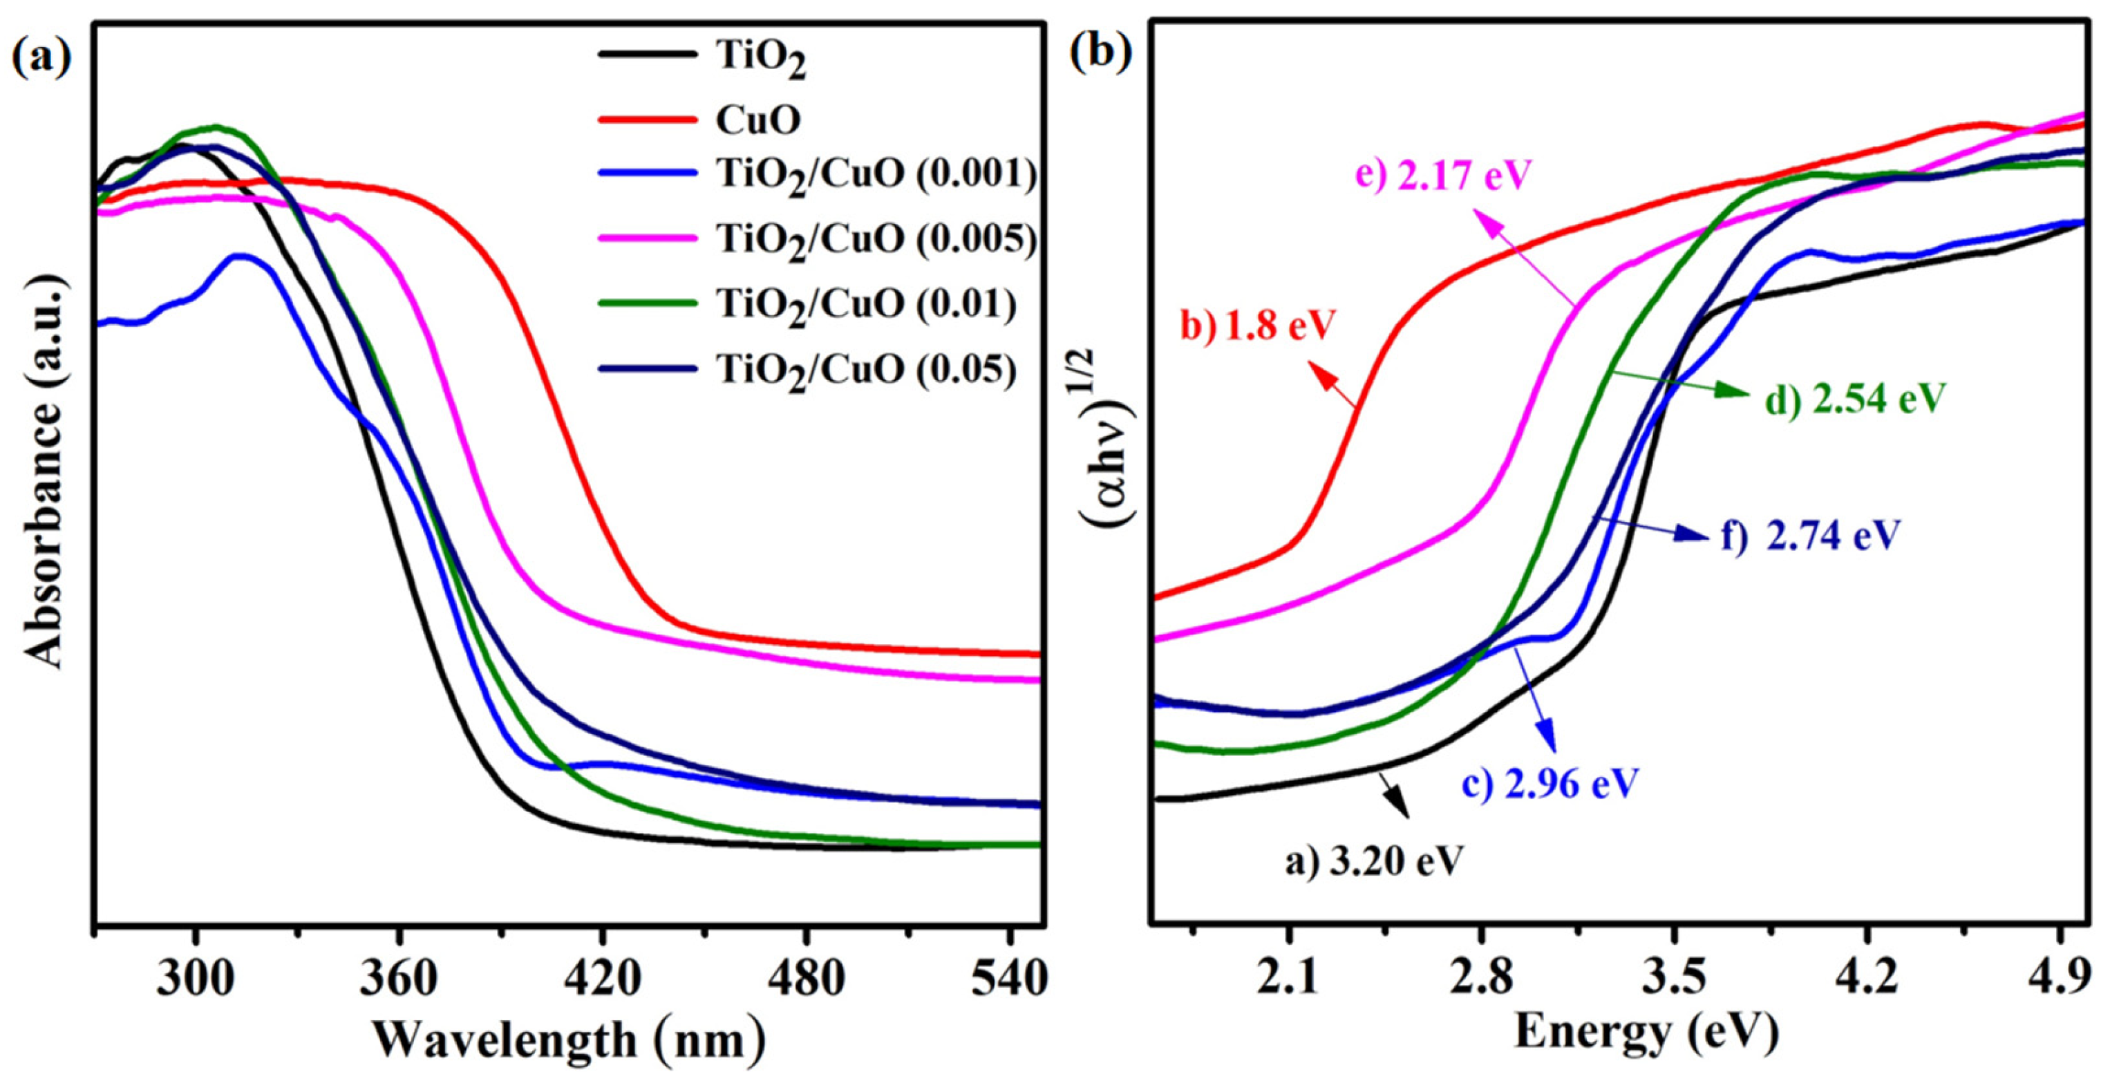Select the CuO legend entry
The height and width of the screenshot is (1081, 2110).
coord(757,120)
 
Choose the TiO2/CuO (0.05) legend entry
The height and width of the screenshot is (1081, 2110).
coord(867,371)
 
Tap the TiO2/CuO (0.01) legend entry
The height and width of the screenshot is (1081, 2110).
coord(867,305)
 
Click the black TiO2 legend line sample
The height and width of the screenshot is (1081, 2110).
coord(647,54)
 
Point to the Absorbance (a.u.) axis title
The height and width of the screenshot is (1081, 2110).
coord(43,471)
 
